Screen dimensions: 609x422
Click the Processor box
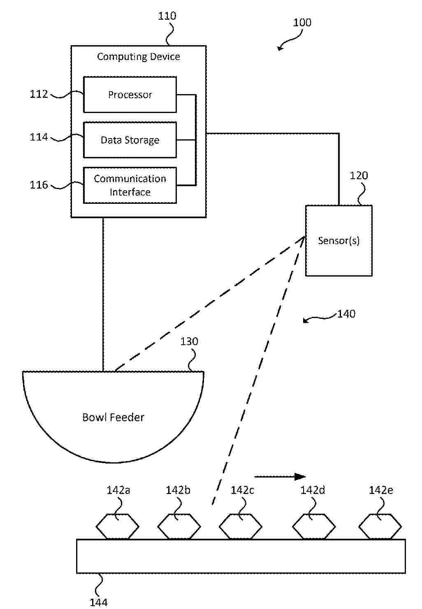click(x=130, y=95)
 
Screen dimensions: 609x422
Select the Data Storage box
click(x=130, y=140)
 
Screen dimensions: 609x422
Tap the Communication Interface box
click(x=130, y=185)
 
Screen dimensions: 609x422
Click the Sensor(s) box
click(x=339, y=240)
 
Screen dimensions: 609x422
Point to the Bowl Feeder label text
click(x=113, y=418)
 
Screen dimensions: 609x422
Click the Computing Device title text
click(x=138, y=57)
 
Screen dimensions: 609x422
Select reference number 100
click(x=302, y=23)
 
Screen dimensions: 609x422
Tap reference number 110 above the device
click(x=167, y=16)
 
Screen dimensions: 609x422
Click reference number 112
click(x=39, y=94)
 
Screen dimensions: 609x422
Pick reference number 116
click(x=39, y=185)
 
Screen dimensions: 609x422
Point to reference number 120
click(x=359, y=176)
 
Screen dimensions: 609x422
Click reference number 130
click(x=189, y=341)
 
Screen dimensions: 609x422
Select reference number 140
click(x=346, y=314)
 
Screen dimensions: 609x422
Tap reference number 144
click(x=99, y=602)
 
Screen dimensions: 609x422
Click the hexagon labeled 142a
click(x=118, y=526)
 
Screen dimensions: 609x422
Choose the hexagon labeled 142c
click(x=240, y=526)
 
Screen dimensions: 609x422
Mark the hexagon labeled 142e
click(x=380, y=526)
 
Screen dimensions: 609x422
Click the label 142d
click(x=313, y=490)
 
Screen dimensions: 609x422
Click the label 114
click(x=39, y=137)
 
